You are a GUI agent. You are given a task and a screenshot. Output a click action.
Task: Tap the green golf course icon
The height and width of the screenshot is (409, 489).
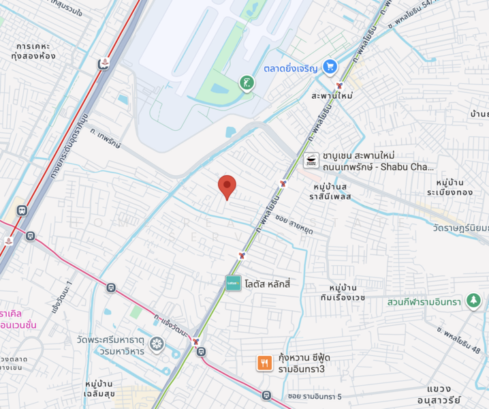246,84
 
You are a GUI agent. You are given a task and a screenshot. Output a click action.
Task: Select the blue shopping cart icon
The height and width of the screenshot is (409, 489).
330,66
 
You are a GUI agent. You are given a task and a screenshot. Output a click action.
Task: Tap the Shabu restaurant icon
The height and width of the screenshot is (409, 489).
311,161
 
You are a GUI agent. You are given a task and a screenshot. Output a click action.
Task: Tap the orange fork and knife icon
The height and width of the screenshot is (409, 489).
264,363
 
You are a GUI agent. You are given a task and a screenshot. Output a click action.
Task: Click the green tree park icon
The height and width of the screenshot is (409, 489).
473,300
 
